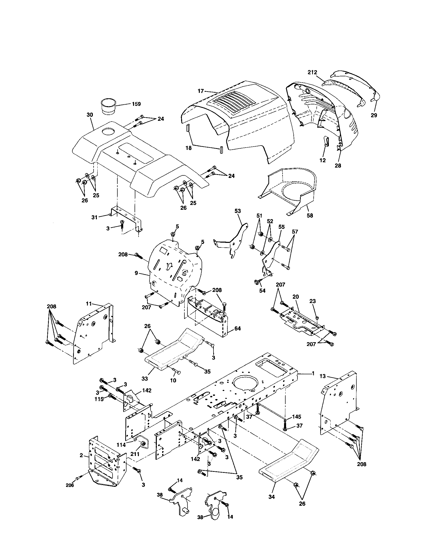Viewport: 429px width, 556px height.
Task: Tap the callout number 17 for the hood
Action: [201, 90]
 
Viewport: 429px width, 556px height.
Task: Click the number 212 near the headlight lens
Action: [312, 72]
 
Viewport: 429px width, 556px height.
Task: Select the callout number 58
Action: [310, 215]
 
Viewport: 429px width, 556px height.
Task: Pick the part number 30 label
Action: [90, 115]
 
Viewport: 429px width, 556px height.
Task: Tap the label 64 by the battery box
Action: [237, 329]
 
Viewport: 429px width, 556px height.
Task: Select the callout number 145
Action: [296, 417]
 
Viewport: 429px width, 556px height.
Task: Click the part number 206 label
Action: [70, 485]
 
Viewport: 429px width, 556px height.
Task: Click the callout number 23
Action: [313, 301]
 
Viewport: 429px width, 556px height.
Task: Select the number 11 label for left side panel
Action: [88, 304]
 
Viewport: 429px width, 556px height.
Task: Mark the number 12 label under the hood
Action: [323, 160]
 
